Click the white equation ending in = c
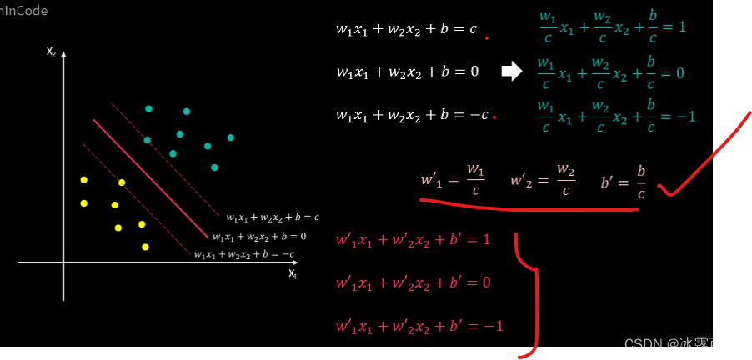point(406,30)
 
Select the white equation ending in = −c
point(412,115)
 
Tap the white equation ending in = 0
point(408,72)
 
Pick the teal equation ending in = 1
point(612,27)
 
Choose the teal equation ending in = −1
point(615,116)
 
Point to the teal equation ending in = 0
point(610,73)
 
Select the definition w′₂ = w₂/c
point(543,180)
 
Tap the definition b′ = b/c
point(624,180)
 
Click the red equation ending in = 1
point(414,240)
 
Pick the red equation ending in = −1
point(419,326)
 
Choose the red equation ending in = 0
point(414,282)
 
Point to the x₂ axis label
point(51,52)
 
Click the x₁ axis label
point(293,272)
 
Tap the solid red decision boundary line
point(150,177)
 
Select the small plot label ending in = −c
point(244,254)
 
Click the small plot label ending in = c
point(272,217)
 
